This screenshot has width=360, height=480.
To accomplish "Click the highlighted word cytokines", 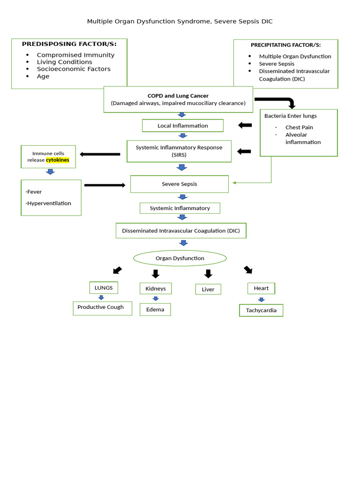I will pos(57,160).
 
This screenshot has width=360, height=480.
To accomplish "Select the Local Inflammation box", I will pos(182,126).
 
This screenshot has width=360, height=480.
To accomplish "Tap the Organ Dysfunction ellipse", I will pos(180,258).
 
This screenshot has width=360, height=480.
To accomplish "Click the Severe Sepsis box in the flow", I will pos(180,184).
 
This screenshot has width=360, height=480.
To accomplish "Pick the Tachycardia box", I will pos(261,310).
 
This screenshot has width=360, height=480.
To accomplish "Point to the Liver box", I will pos(208,289).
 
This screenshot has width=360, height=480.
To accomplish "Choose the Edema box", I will pos(155,309).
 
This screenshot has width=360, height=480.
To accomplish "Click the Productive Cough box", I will pos(102,307).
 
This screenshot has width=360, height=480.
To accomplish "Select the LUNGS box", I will pos(104,288).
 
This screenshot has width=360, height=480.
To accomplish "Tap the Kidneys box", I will pos(156,288).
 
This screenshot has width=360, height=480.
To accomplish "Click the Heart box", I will pos(261,288).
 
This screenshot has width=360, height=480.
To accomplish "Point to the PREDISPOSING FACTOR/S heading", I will pos(69,44).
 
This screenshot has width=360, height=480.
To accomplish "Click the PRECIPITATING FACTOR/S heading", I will pos(285,45).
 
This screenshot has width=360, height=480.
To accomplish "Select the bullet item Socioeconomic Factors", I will pos(74,69).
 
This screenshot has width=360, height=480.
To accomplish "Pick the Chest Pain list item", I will pos(299,127).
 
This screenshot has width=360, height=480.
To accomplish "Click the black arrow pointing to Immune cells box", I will pos(100,154).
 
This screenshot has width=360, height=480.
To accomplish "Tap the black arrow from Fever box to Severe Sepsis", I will pos(105,185).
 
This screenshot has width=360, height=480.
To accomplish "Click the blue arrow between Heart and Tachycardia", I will pos(261,300).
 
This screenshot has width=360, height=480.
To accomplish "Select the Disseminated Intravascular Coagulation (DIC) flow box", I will pos(181,231).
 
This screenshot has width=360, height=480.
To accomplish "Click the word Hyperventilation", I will pos(49,203).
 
